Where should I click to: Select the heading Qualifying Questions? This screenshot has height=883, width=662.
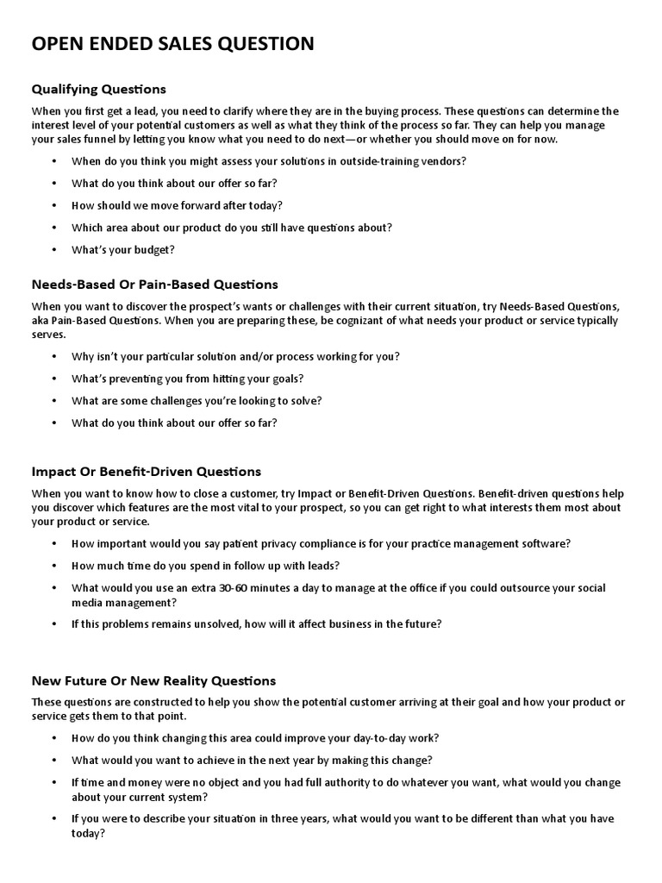pyautogui.click(x=98, y=89)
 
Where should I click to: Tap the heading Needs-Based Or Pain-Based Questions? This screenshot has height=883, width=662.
pyautogui.click(x=155, y=284)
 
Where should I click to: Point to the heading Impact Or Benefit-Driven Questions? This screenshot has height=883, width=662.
pyautogui.click(x=146, y=472)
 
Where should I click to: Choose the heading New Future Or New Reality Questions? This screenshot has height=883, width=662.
pyautogui.click(x=153, y=680)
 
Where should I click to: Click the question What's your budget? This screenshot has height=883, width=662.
pyautogui.click(x=123, y=250)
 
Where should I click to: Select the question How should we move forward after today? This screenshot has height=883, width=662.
pyautogui.click(x=177, y=205)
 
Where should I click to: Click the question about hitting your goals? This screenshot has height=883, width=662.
pyautogui.click(x=187, y=379)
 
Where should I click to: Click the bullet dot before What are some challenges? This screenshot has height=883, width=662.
pyautogui.click(x=54, y=401)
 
